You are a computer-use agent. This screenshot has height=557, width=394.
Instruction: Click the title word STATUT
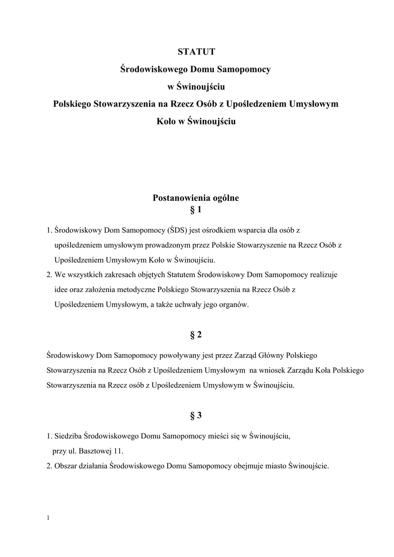click(196, 52)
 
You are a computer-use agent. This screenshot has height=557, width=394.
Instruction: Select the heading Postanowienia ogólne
click(196, 199)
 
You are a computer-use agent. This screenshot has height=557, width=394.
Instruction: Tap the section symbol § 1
click(196, 209)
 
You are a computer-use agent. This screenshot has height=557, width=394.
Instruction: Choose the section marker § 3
click(196, 416)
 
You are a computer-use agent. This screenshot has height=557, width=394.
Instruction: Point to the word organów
click(234, 305)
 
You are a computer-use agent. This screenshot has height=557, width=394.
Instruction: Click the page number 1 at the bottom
click(49, 517)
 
